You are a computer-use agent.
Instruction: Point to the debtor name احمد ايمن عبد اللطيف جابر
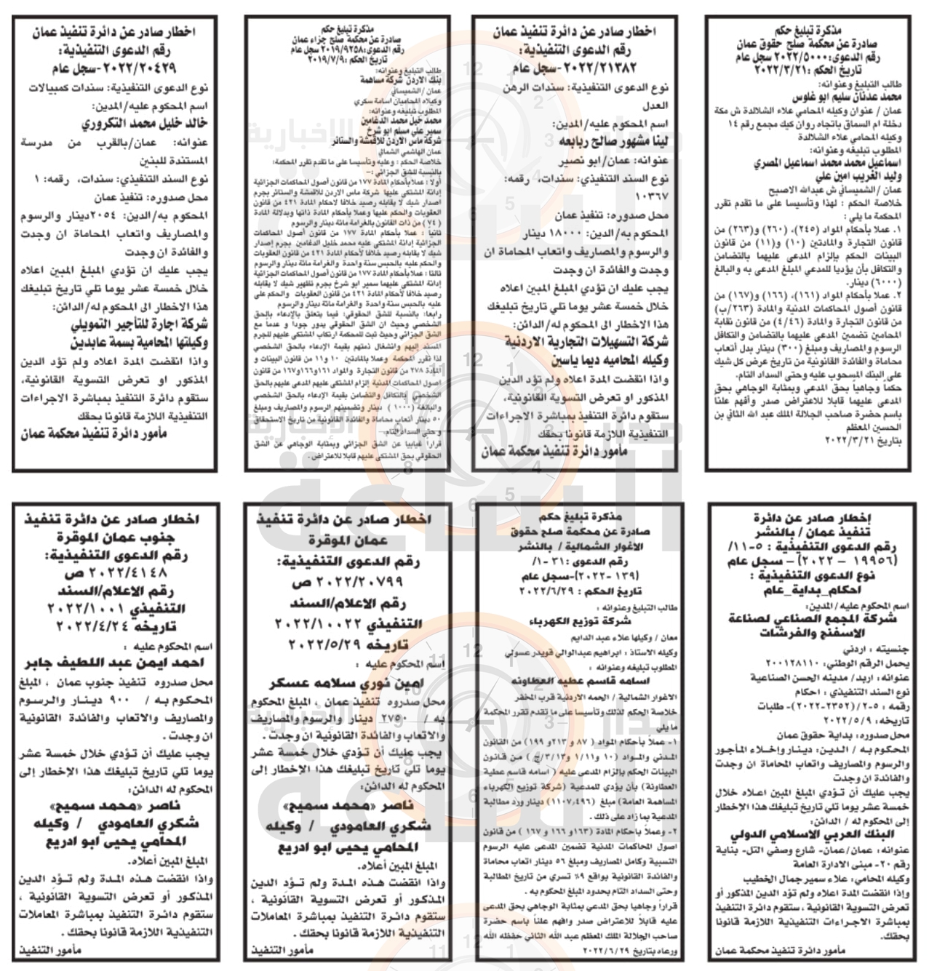pyautogui.click(x=113, y=663)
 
